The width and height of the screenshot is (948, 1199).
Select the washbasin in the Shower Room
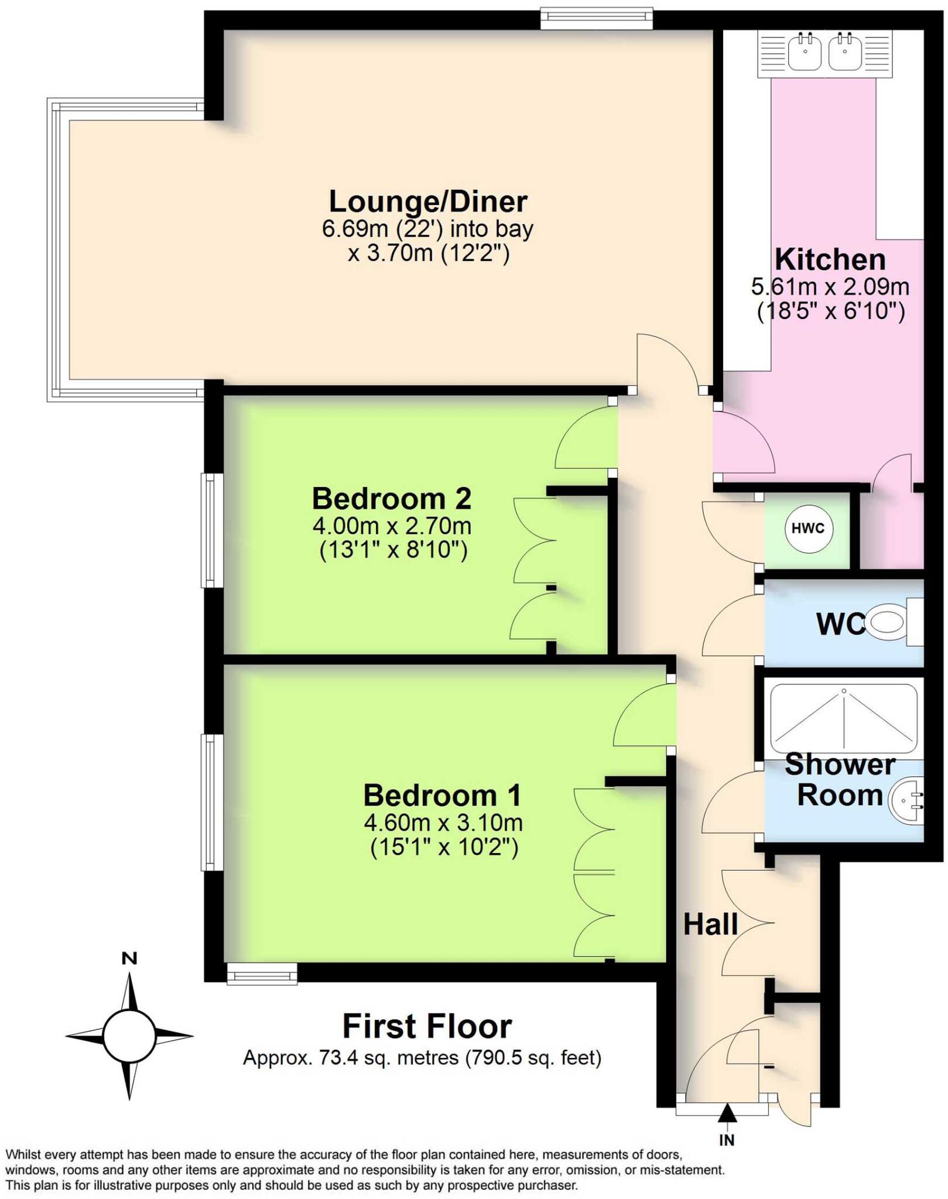click(x=906, y=800)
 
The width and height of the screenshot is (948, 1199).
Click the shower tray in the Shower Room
click(x=843, y=719)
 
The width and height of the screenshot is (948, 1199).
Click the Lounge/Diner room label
click(x=427, y=201)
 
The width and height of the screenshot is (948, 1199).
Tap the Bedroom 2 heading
click(x=391, y=499)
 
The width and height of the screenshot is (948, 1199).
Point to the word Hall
click(x=710, y=924)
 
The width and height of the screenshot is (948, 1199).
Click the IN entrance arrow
click(x=727, y=1112)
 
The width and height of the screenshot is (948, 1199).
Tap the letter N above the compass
click(x=129, y=958)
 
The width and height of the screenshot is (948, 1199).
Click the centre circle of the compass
click(x=129, y=1036)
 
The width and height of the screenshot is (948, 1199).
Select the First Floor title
click(x=427, y=1026)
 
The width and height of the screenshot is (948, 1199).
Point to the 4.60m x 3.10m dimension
click(x=443, y=823)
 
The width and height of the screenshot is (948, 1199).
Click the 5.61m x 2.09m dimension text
click(x=830, y=286)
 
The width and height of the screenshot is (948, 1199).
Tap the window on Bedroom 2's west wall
click(x=211, y=530)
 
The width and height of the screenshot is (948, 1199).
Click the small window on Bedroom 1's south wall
click(x=262, y=975)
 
